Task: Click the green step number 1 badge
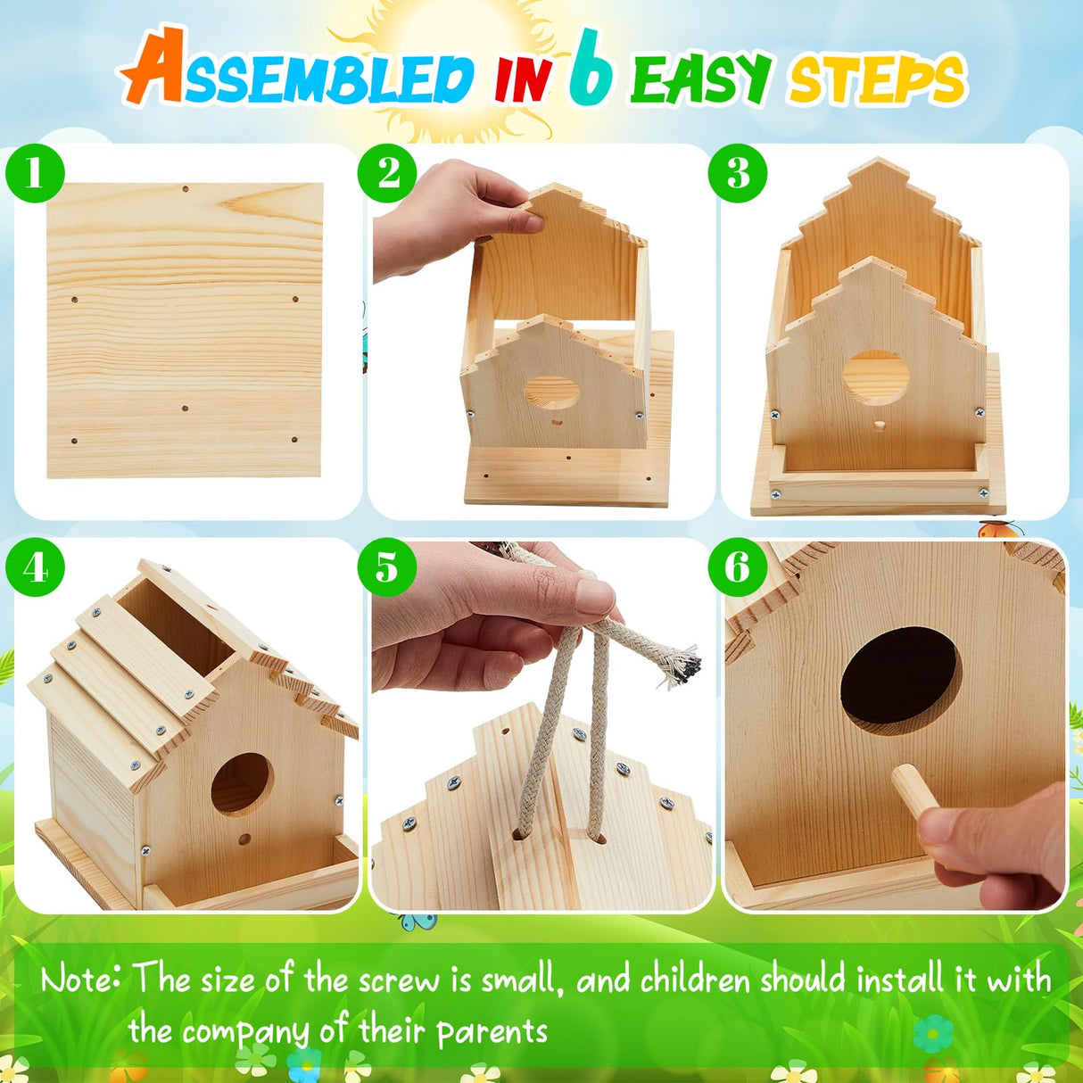[36, 172]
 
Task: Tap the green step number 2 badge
[387, 172]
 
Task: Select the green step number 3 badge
[738, 172]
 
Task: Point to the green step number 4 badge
[36, 567]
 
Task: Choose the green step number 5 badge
[387, 567]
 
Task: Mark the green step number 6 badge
[738, 567]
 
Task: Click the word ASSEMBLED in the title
[299, 76]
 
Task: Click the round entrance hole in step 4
[241, 782]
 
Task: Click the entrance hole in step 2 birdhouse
[550, 393]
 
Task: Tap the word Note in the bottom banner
[80, 980]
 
